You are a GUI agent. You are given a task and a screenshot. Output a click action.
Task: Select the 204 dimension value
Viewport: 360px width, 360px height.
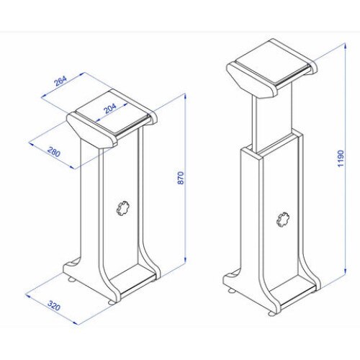(x=111, y=108)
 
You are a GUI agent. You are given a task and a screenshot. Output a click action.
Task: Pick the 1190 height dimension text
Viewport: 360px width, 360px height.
(x=341, y=159)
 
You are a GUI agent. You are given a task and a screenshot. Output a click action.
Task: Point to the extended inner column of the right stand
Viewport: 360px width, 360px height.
(x=273, y=119)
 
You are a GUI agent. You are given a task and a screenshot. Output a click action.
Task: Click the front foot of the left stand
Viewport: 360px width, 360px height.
(x=112, y=302)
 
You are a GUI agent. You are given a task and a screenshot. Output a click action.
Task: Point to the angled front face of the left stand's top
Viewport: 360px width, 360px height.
(x=91, y=132)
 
